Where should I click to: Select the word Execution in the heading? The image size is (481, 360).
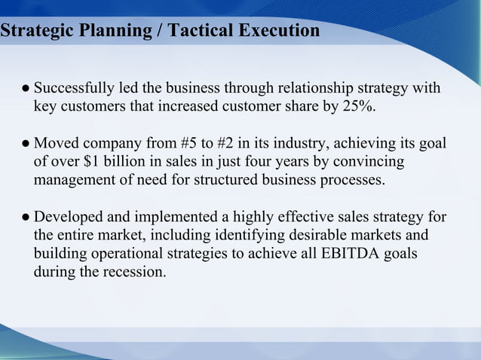[277, 32]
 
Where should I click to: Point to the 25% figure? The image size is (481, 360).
[358, 107]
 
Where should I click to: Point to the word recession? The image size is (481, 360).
[134, 272]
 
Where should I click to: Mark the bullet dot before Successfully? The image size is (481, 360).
[26, 90]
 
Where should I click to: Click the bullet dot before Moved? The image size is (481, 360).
[26, 144]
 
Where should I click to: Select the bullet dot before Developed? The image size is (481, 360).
[26, 218]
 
